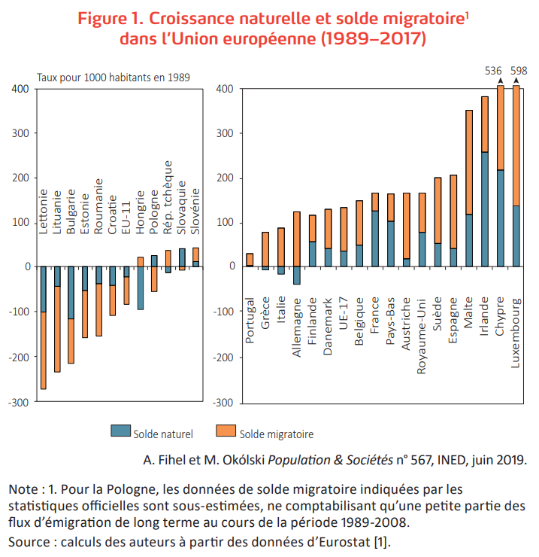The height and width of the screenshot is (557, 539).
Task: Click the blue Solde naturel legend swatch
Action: pos(120,431)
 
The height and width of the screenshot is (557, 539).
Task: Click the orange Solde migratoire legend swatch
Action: pos(226,431)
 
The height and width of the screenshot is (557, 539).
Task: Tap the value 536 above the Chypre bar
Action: pos(493,71)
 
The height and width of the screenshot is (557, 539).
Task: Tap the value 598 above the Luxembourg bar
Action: pos(519,71)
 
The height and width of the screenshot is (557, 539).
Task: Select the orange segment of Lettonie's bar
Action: pos(44,350)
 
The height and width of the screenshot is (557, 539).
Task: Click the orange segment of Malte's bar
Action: pos(469,162)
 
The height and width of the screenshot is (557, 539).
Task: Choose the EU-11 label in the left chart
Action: pos(126,214)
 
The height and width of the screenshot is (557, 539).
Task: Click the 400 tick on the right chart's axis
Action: pos(224,89)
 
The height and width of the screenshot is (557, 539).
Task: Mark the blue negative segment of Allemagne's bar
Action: pos(296,275)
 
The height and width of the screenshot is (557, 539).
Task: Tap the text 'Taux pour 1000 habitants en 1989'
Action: pos(114,76)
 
